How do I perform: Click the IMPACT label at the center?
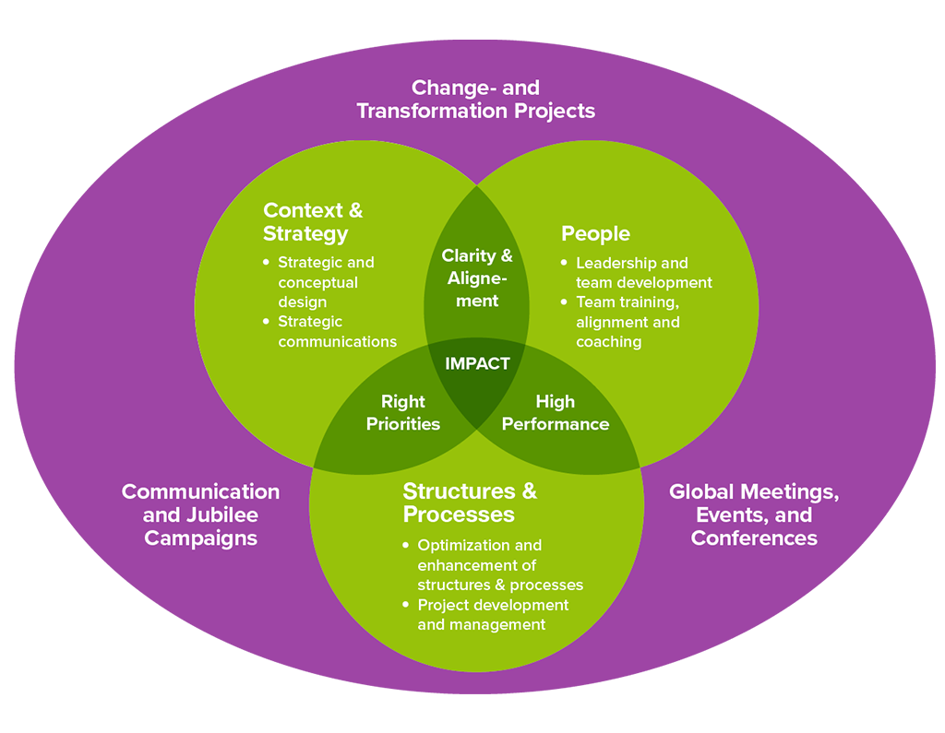477,363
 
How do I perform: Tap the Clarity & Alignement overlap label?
477,278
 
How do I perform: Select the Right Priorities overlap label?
403,413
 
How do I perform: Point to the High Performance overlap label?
555,413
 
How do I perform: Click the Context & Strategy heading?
313,221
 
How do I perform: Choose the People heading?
595,233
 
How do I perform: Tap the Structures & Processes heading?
470,502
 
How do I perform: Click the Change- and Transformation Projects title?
475,100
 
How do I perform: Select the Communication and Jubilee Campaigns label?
200,514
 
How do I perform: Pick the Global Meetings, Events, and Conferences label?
754,514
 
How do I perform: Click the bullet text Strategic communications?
338,332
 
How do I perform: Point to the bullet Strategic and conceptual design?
326,282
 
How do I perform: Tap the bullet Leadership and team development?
643,273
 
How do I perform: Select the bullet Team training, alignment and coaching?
628,322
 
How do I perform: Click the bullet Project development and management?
493,615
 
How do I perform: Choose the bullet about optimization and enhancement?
499,565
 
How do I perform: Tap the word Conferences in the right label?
754,538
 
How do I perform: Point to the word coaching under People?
608,342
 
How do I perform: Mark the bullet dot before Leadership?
564,263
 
